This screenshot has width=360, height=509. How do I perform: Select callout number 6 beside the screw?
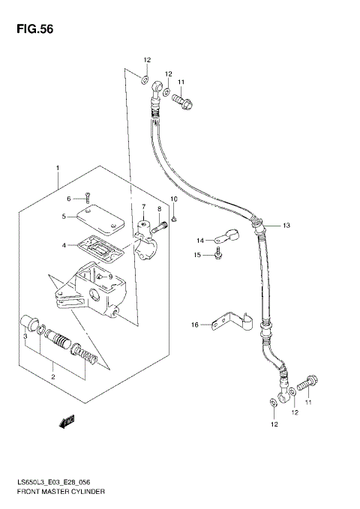[x=67, y=199]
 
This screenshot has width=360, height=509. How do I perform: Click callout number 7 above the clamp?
[x=143, y=206]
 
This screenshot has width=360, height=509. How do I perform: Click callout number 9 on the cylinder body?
[x=109, y=276]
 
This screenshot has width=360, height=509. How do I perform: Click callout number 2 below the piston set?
[x=52, y=376]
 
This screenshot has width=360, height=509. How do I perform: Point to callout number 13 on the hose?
[x=285, y=225]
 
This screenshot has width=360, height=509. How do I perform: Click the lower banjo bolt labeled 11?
[x=304, y=386]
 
